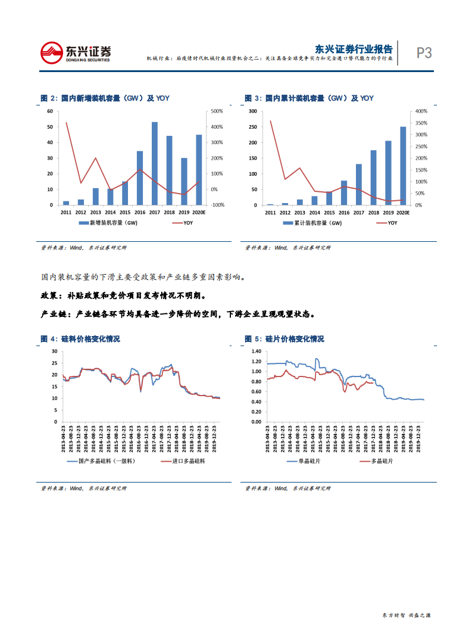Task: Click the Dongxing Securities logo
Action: point(75,52)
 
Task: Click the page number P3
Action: point(424,53)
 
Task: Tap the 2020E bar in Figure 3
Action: point(403,166)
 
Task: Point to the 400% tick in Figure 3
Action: point(420,111)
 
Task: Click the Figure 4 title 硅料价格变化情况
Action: point(90,339)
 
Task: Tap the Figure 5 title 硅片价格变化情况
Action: point(295,339)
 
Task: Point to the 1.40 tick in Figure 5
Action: point(257,351)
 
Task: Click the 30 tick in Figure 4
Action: point(54,351)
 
